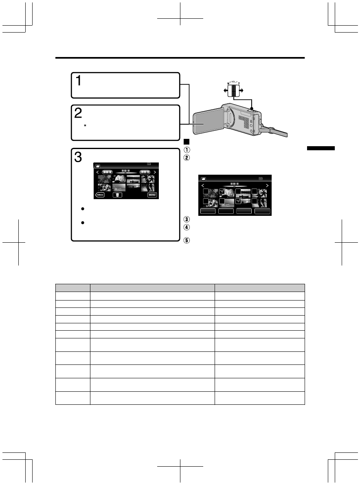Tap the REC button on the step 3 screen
[100, 195]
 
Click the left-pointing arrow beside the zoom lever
[225, 90]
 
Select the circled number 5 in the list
[186, 240]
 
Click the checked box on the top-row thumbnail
[222, 191]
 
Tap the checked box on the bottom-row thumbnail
[239, 201]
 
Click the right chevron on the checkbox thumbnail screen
[267, 185]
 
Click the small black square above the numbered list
[186, 142]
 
